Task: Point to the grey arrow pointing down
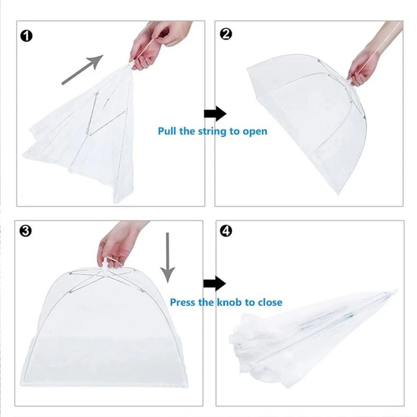[167, 256]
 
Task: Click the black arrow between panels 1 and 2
[214, 113]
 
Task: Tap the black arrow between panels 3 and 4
[214, 284]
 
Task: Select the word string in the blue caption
[211, 131]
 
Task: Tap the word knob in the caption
[230, 302]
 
